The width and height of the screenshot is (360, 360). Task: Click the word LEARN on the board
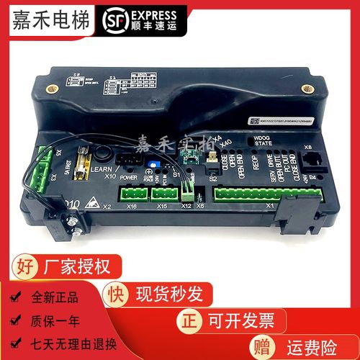pyautogui.click(x=100, y=169)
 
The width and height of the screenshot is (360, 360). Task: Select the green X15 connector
pyautogui.click(x=163, y=192)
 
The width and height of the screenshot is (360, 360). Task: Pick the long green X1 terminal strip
pyautogui.click(x=246, y=193)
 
